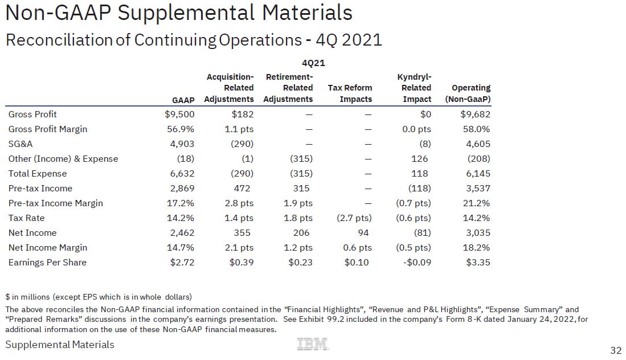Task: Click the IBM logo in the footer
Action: point(313,344)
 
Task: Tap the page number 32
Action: point(616,350)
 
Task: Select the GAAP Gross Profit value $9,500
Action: point(179,114)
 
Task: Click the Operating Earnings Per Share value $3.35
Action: point(477,263)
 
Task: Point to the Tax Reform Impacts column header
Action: point(350,93)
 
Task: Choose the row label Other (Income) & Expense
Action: point(63,159)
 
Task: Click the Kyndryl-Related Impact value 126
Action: point(423,159)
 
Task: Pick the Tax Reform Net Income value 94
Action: point(363,233)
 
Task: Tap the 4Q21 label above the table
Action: point(313,63)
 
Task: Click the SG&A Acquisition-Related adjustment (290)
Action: point(242,144)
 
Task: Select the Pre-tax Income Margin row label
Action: point(56,203)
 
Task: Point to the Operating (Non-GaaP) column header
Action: point(470,93)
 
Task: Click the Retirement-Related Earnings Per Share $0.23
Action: point(300,263)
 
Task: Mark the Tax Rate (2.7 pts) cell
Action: point(355,218)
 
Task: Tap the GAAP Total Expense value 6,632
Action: point(182,174)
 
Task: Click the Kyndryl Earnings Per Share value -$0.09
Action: point(417,263)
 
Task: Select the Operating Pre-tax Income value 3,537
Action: point(478,189)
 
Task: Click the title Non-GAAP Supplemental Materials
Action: point(178,13)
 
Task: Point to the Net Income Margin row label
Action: point(48,248)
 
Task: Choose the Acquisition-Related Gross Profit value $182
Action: point(243,114)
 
